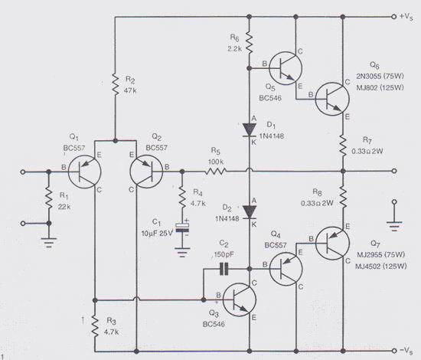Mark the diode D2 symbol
point(250,209)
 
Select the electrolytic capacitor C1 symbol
point(183,227)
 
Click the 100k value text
point(217,162)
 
